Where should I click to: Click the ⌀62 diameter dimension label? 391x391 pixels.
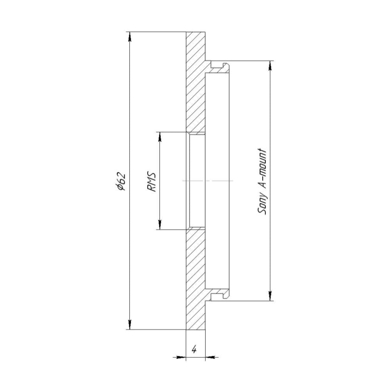121,181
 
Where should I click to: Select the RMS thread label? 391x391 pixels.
152,182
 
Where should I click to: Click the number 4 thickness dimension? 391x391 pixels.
194,350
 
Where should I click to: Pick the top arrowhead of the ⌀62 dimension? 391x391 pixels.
130,37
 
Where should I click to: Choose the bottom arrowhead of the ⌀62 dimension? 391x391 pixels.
130,325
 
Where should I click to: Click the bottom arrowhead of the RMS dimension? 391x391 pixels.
160,224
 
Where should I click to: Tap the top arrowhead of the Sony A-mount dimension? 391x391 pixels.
270,66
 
